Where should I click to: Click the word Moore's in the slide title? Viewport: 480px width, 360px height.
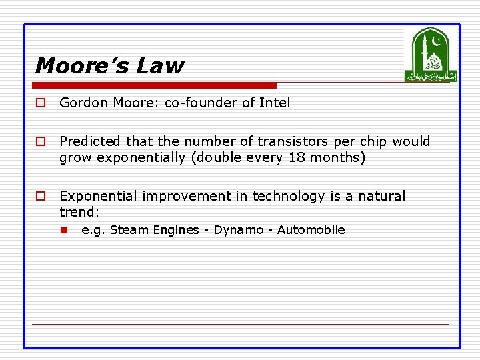[x=81, y=66]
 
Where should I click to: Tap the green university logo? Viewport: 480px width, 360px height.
[x=431, y=55]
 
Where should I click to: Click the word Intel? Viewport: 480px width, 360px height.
[x=274, y=103]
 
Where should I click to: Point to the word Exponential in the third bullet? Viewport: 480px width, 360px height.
[x=97, y=196]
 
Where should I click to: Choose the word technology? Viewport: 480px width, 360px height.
[x=289, y=196]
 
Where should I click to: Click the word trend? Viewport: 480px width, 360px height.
[x=79, y=212]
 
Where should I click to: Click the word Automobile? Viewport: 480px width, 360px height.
[x=311, y=230]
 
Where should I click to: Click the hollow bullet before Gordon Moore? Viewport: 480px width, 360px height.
[x=41, y=103]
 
